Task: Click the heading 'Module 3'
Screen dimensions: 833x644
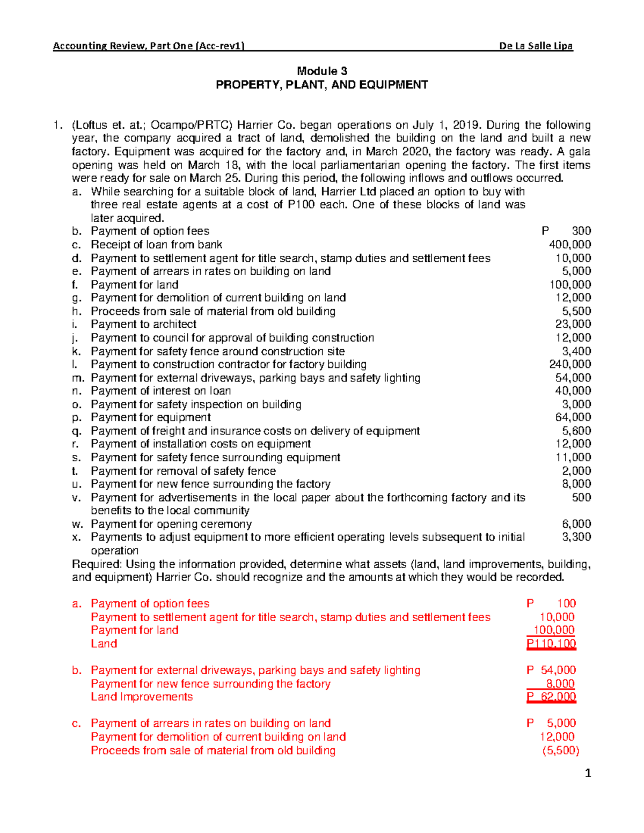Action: click(322, 71)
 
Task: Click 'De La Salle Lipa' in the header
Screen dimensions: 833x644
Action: click(536, 46)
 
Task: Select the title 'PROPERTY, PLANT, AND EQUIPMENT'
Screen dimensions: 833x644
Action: click(322, 85)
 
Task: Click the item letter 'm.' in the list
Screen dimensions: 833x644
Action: click(78, 378)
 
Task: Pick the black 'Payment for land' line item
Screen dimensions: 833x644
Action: click(134, 285)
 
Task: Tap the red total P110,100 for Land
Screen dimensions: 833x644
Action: click(551, 644)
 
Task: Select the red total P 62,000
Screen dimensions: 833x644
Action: click(551, 697)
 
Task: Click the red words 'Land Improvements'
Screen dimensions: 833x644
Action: click(142, 697)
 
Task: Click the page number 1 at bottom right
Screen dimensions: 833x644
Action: click(588, 773)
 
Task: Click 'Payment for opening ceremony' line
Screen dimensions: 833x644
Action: click(171, 524)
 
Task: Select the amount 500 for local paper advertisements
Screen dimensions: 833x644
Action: click(581, 497)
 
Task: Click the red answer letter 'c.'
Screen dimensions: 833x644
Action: click(77, 724)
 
